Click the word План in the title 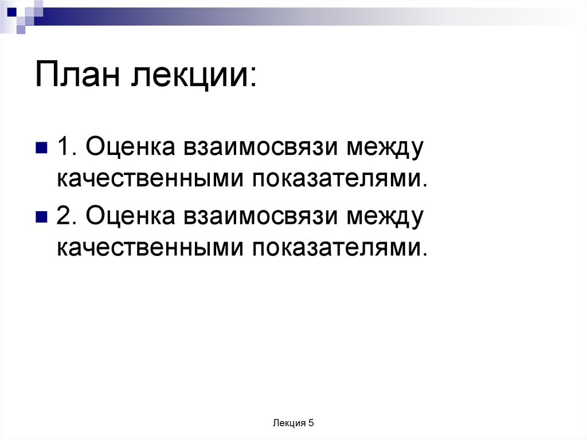point(78,75)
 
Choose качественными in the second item point(148,247)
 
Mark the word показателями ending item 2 point(338,247)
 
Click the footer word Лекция point(289,423)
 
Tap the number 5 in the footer point(311,423)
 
